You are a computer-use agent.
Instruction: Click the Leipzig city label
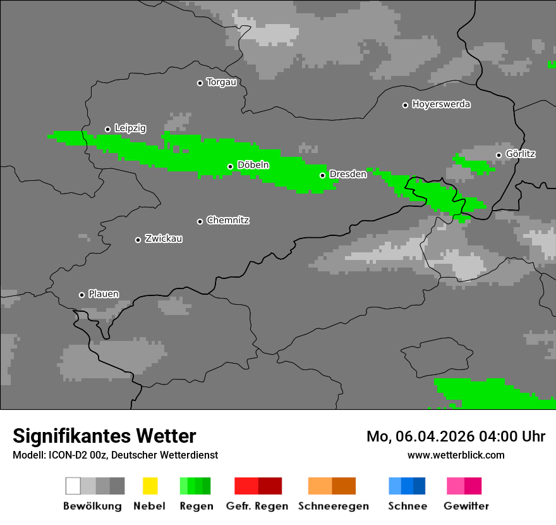point(130,128)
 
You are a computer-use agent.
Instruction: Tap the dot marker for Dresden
point(322,175)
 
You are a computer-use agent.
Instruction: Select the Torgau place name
point(221,82)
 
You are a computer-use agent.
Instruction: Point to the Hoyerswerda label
point(441,104)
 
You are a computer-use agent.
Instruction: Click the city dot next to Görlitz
point(499,155)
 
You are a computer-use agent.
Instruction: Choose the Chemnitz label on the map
point(227,221)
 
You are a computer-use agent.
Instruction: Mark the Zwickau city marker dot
point(138,240)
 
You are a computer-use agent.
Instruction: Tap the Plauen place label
point(104,294)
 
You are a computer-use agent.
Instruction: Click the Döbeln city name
point(253,166)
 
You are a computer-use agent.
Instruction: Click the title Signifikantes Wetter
point(104,436)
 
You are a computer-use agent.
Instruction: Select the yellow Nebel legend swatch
point(150,486)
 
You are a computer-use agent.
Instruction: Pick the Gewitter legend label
point(466,506)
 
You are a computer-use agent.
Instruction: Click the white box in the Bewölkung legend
point(73,486)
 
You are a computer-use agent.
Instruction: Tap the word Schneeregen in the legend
point(333,506)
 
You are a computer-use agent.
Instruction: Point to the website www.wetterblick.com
point(456,455)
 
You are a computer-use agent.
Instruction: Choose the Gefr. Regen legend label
point(257,506)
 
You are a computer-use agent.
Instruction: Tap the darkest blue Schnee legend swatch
point(420,486)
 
